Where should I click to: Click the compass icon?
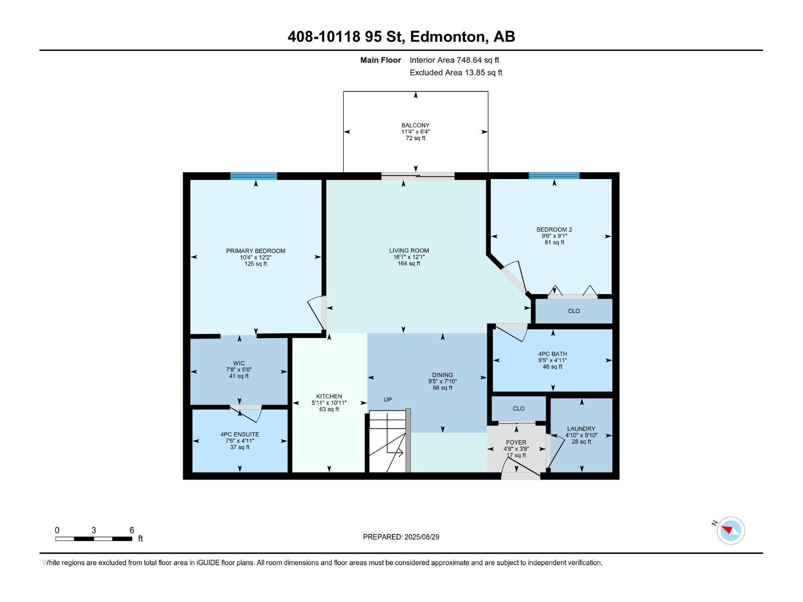point(731,530)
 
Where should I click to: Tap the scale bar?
point(93,539)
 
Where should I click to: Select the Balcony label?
point(415,125)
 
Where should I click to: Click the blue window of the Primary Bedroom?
point(253,176)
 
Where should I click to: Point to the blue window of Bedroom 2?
point(554,176)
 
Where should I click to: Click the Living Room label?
point(409,250)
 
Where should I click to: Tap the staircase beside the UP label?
point(388,441)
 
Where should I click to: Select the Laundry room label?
point(581,429)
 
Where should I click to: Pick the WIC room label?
point(239,363)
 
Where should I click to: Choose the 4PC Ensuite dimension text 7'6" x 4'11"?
point(239,441)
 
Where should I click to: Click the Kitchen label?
point(329,396)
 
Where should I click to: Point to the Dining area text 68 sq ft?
point(443,388)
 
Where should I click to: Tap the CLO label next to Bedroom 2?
point(574,311)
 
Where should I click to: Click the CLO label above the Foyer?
point(518,408)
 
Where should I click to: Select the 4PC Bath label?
point(552,354)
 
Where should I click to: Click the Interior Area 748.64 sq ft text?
point(454,60)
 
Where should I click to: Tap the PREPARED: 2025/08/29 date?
point(401,537)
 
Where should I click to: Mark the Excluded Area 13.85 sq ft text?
point(456,73)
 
